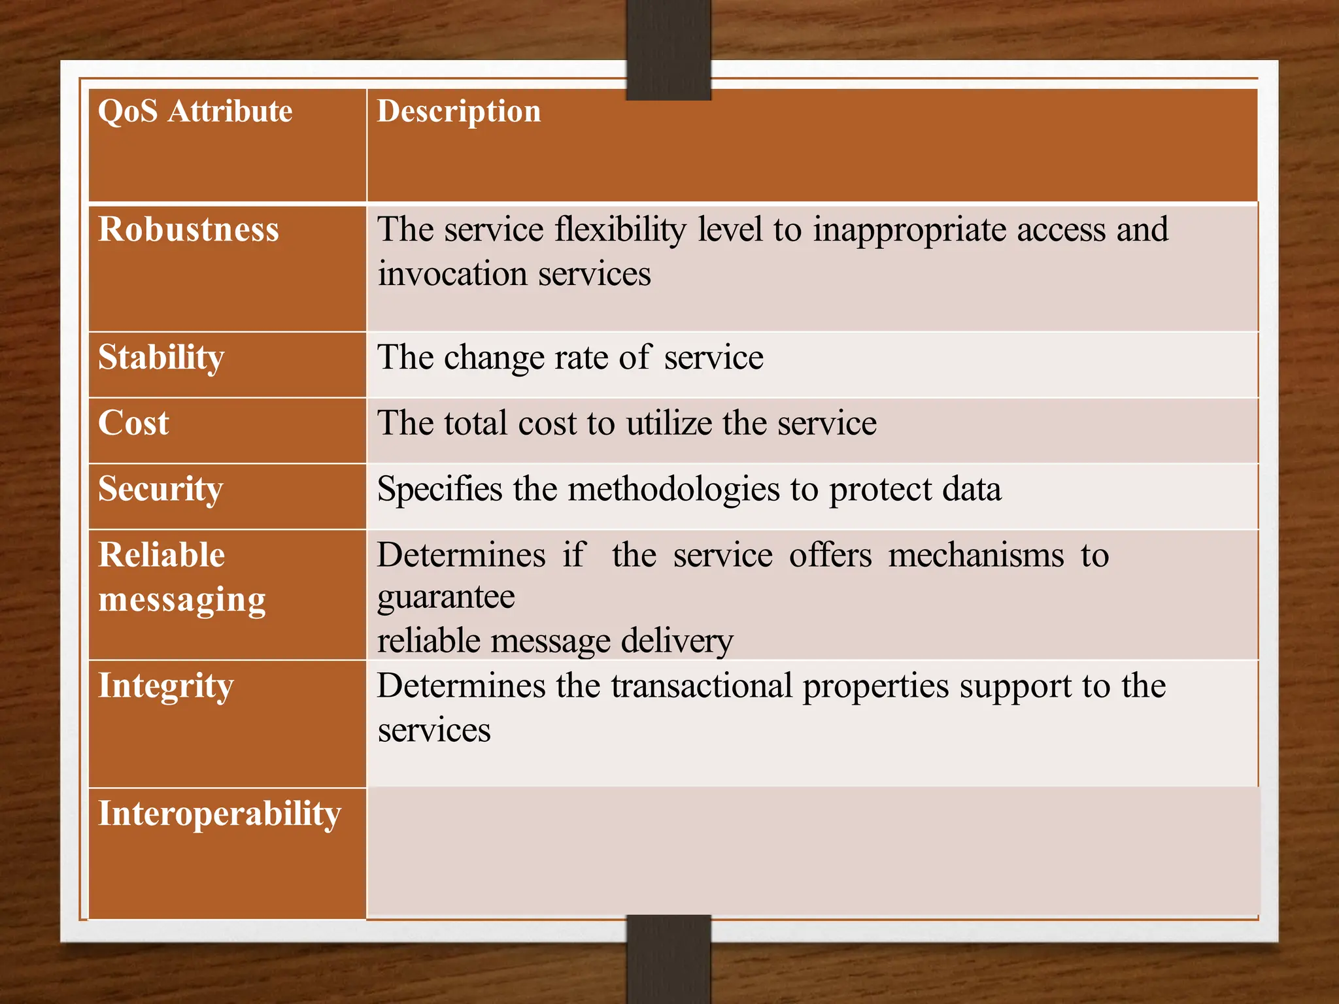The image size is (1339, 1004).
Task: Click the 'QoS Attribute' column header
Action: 195,111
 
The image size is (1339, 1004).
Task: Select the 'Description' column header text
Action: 458,111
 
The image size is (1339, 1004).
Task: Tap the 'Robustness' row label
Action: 188,229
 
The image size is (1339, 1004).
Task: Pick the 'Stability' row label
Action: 161,358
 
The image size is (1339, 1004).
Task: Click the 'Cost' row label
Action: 133,423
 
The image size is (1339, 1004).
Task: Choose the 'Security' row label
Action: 160,489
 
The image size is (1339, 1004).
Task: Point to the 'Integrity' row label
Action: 165,686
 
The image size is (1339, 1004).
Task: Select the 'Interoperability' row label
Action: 220,814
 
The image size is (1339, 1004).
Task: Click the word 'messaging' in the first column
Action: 182,599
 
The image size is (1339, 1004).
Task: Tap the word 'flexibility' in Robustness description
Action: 620,229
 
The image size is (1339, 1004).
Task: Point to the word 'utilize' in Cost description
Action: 669,423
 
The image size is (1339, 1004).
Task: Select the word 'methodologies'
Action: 673,489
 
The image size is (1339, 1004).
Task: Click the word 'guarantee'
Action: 446,597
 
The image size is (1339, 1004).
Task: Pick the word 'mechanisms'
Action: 975,555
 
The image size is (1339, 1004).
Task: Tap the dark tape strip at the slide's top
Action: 668,49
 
